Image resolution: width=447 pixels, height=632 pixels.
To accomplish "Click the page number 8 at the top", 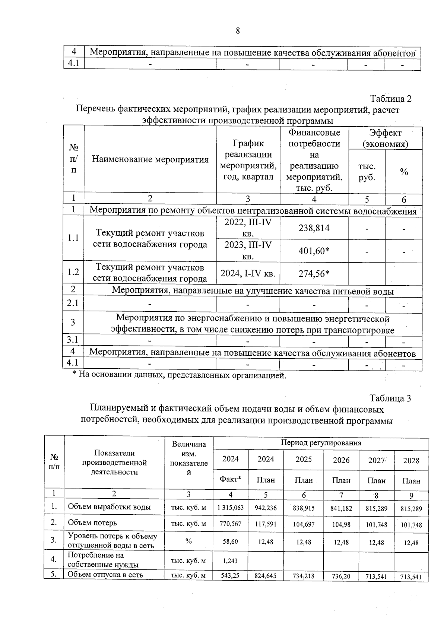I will pos(238,31).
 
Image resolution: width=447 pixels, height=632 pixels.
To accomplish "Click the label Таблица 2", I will pos(390,99).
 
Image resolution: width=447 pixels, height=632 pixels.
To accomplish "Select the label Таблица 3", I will pos(390,398).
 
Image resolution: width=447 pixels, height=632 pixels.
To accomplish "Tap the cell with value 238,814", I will pos(314,228).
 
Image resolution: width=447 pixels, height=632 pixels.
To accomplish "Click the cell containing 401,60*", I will pos(314,251).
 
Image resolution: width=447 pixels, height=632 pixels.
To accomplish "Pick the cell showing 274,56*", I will pos(314,274).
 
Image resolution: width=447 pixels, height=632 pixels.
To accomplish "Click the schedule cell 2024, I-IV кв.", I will pos(248,274).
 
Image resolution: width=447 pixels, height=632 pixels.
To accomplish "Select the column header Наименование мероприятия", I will pos(150,159).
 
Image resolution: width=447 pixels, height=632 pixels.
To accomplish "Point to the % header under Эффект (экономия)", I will pos(404,172).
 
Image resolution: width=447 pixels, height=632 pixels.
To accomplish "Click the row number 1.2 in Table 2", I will pos(73,272).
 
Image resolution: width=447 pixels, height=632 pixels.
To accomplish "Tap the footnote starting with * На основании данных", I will pos(179,375).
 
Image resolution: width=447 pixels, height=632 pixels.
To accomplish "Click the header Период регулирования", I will pos(321,443).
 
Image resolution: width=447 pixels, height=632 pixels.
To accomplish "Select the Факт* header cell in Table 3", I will pos(230,480).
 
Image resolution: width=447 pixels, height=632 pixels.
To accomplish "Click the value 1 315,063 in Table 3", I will pos(230,508).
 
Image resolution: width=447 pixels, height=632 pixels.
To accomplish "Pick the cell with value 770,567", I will pos(230,524).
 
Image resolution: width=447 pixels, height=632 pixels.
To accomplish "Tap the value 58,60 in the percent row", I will pos(230,542).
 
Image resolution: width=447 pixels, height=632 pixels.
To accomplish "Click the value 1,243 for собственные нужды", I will pos(230,560).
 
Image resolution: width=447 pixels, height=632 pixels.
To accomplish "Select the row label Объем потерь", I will pos(92,523).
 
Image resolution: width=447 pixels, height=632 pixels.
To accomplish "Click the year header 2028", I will pos(411,461).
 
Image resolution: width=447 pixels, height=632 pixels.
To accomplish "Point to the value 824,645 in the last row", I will pos(266,576).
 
